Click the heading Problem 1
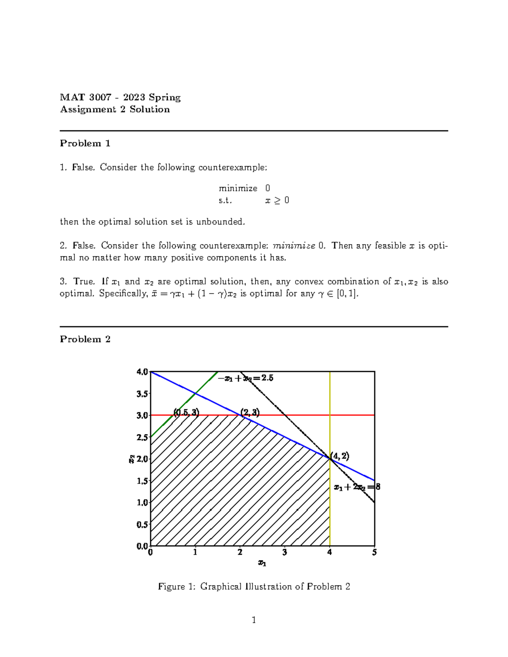(x=85, y=143)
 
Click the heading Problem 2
(x=85, y=339)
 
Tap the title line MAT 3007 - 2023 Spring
(x=120, y=98)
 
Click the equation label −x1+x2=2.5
(x=246, y=378)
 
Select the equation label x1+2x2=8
(x=357, y=487)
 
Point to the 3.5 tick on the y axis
(x=142, y=394)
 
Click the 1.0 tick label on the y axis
(x=142, y=503)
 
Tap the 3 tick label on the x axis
(x=284, y=553)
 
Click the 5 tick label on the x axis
(x=374, y=553)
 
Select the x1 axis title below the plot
(x=262, y=563)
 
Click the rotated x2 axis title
(x=132, y=459)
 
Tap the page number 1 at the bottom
(x=254, y=620)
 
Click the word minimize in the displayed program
(x=238, y=188)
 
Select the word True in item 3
(x=83, y=282)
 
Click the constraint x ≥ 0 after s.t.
(x=277, y=201)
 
